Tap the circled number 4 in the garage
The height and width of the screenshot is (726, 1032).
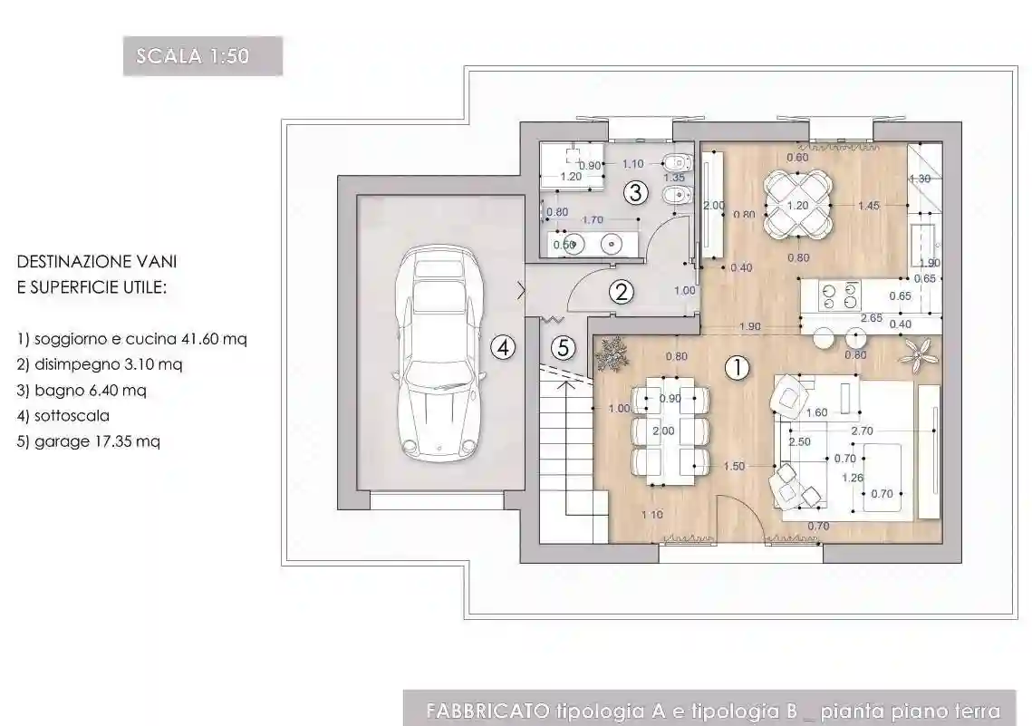tap(504, 345)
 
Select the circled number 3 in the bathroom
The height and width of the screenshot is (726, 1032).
tap(635, 192)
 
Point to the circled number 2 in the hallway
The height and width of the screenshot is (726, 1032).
tap(621, 291)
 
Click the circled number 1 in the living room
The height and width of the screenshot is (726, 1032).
tap(738, 367)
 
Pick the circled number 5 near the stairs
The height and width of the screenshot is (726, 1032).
tap(564, 347)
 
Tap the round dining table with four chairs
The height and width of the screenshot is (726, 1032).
tap(796, 205)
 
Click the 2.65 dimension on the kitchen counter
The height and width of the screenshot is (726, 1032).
tap(872, 318)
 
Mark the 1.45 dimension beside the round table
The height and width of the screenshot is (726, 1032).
tap(868, 206)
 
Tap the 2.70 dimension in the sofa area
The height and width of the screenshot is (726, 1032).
tap(863, 431)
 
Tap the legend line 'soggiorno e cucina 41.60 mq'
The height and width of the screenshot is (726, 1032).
tap(132, 339)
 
